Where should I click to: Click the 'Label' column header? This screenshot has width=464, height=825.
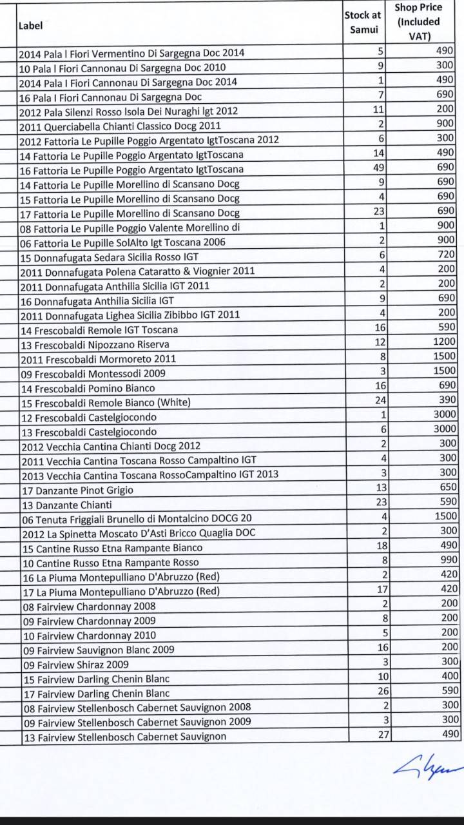pyautogui.click(x=30, y=26)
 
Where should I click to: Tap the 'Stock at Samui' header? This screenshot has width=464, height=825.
pyautogui.click(x=362, y=22)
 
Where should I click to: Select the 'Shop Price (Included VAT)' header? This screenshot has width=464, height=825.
pyautogui.click(x=419, y=22)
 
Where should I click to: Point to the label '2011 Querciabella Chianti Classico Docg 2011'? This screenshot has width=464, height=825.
pyautogui.click(x=120, y=126)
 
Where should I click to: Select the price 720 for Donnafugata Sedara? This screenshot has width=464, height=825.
pyautogui.click(x=446, y=255)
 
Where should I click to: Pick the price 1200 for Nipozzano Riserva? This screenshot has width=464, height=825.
pyautogui.click(x=444, y=342)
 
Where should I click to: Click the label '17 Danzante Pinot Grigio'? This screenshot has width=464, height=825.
pyautogui.click(x=78, y=490)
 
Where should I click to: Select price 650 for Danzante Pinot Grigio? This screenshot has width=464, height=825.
pyautogui.click(x=447, y=487)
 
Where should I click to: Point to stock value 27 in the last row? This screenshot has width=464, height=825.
pyautogui.click(x=380, y=734)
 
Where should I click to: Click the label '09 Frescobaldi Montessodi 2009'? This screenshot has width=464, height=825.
pyautogui.click(x=93, y=374)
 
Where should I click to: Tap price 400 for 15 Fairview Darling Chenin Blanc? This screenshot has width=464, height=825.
pyautogui.click(x=449, y=676)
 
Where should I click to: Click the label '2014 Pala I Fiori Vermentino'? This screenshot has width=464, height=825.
pyautogui.click(x=131, y=53)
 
